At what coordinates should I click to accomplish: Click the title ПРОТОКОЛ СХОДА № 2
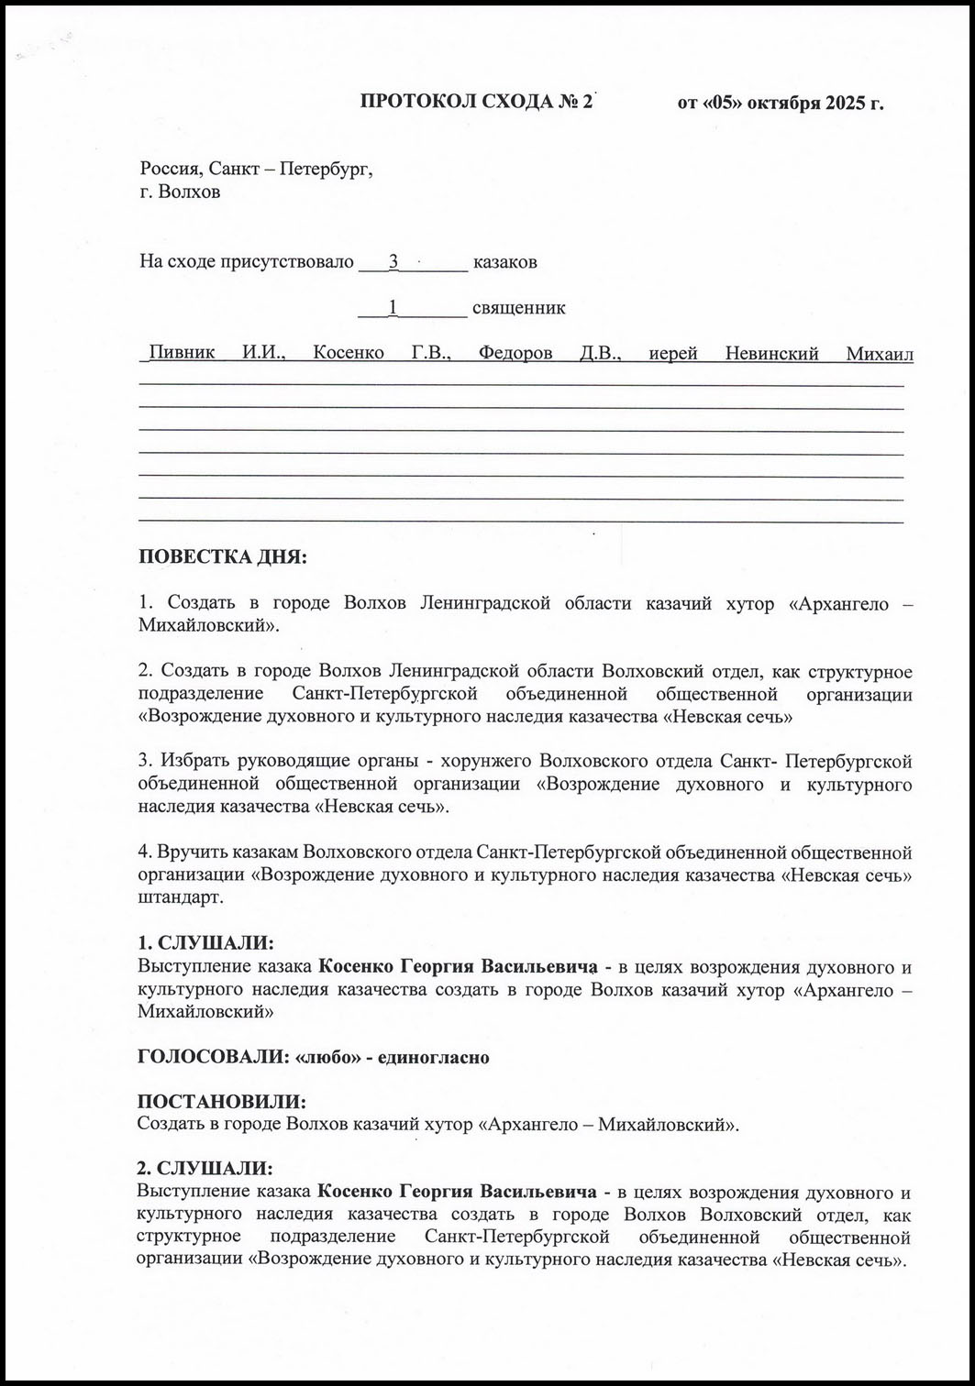pos(477,102)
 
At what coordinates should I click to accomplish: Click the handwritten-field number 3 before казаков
pos(393,261)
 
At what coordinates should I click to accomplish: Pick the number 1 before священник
pos(393,307)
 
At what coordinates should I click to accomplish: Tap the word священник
pos(518,307)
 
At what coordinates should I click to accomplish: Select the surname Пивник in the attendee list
pos(182,353)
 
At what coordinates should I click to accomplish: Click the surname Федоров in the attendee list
pos(515,353)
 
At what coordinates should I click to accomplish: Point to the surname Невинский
pos(771,353)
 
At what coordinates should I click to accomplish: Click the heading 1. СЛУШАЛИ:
pos(205,943)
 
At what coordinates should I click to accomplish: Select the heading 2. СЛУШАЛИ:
pos(205,1170)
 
